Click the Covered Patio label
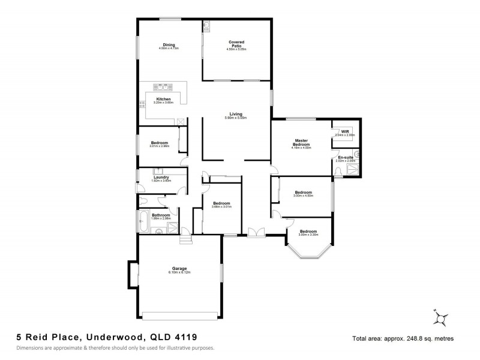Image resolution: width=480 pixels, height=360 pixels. click(x=236, y=43)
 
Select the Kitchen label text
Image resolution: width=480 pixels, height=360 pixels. click(x=163, y=99)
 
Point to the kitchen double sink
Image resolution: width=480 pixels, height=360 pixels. click(x=162, y=86)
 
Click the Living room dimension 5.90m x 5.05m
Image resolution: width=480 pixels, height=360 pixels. click(x=235, y=118)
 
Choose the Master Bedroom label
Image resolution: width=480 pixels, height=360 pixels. click(x=301, y=143)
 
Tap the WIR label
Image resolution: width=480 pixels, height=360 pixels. click(x=345, y=131)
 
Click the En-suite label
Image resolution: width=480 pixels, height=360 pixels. click(x=345, y=157)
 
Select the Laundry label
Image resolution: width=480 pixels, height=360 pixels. click(x=161, y=177)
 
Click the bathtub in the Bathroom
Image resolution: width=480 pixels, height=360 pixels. click(x=145, y=221)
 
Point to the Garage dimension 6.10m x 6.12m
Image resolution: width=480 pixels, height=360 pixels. click(x=179, y=272)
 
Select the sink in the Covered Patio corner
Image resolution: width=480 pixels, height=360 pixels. click(x=206, y=25)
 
